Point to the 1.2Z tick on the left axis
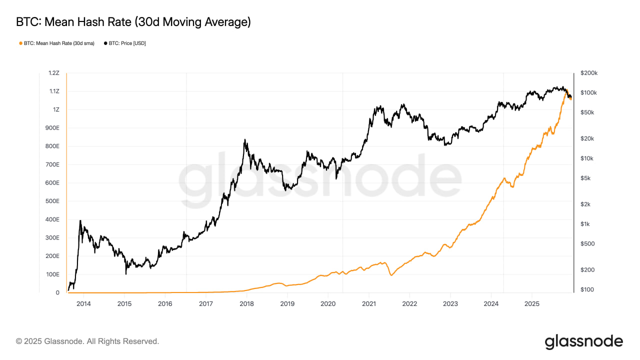coord(53,73)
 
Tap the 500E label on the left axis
coord(52,201)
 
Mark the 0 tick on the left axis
coord(57,292)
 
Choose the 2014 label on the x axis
coord(83,303)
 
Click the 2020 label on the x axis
coord(327,303)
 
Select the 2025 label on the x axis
coord(532,303)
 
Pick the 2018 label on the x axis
coord(246,303)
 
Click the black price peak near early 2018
coord(244,140)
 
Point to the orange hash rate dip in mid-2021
coord(391,275)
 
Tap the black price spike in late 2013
coord(80,220)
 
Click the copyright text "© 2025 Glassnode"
coord(87,341)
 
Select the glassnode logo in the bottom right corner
coord(583,341)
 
